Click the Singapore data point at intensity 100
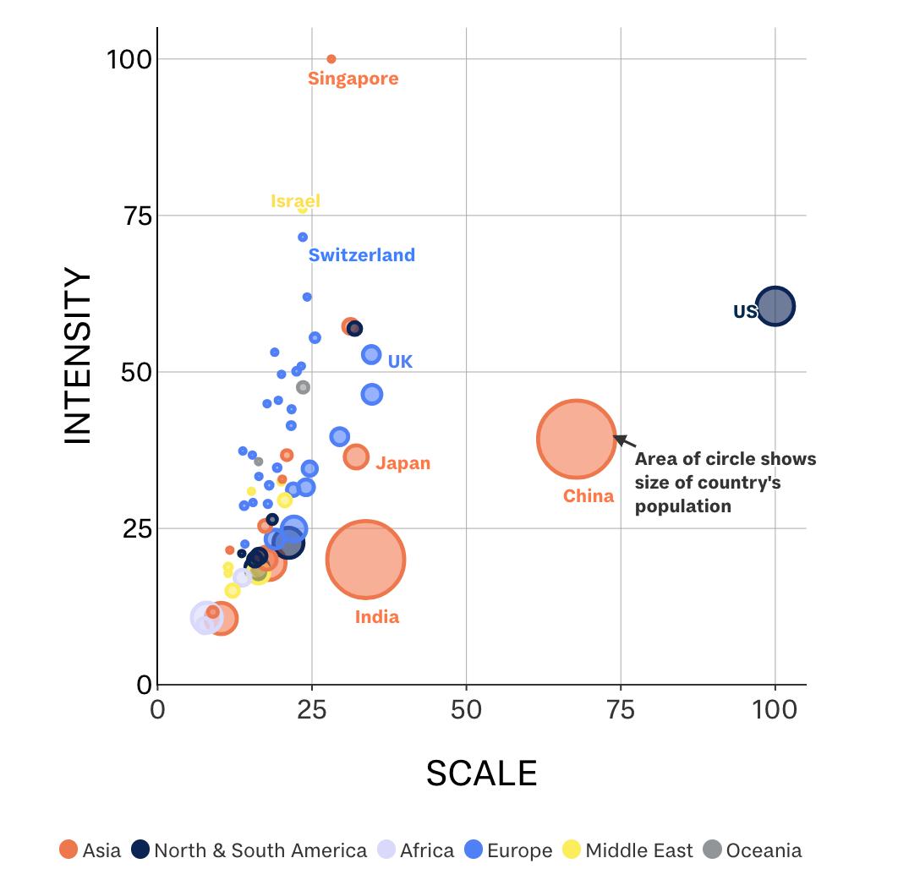(x=331, y=59)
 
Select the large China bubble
(x=576, y=439)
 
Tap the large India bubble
(x=366, y=560)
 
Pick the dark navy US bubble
(x=775, y=306)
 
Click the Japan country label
(x=402, y=463)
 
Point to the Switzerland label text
(x=361, y=254)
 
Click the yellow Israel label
(x=295, y=201)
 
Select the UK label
(x=400, y=362)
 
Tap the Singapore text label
(x=353, y=79)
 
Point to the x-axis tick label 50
(x=466, y=709)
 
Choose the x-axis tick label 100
(x=775, y=709)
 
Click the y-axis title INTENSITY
(x=78, y=355)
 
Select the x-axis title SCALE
(x=481, y=773)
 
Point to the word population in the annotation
(x=682, y=506)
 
